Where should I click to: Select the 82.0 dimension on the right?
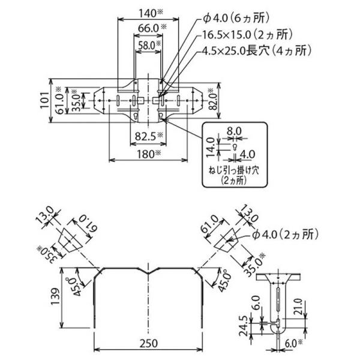[212, 100]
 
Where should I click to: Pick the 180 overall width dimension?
[144, 154]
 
